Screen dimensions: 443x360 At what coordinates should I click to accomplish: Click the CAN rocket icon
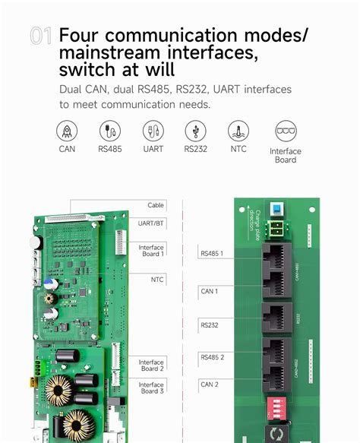click(x=67, y=131)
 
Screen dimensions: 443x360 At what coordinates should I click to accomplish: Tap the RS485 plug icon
click(x=109, y=131)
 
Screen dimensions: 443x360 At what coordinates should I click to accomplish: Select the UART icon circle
click(x=153, y=131)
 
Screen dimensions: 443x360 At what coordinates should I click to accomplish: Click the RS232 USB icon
click(x=195, y=131)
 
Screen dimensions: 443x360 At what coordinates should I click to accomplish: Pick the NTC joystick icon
click(x=238, y=131)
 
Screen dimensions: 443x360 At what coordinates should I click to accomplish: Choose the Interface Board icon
click(x=286, y=131)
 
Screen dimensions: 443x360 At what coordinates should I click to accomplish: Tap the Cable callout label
click(x=156, y=205)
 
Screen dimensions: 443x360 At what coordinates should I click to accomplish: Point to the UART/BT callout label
click(x=151, y=223)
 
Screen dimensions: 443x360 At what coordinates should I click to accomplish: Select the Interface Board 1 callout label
click(x=151, y=250)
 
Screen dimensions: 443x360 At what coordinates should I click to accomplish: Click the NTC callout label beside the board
click(x=157, y=280)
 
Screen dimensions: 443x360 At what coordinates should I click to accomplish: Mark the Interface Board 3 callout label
click(x=151, y=388)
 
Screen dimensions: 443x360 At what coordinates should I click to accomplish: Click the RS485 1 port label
click(x=212, y=253)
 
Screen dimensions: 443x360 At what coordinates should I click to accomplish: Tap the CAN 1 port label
click(x=210, y=291)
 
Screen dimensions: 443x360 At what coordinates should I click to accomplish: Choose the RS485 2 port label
click(x=212, y=356)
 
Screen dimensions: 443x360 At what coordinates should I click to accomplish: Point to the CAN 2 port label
click(x=210, y=384)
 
